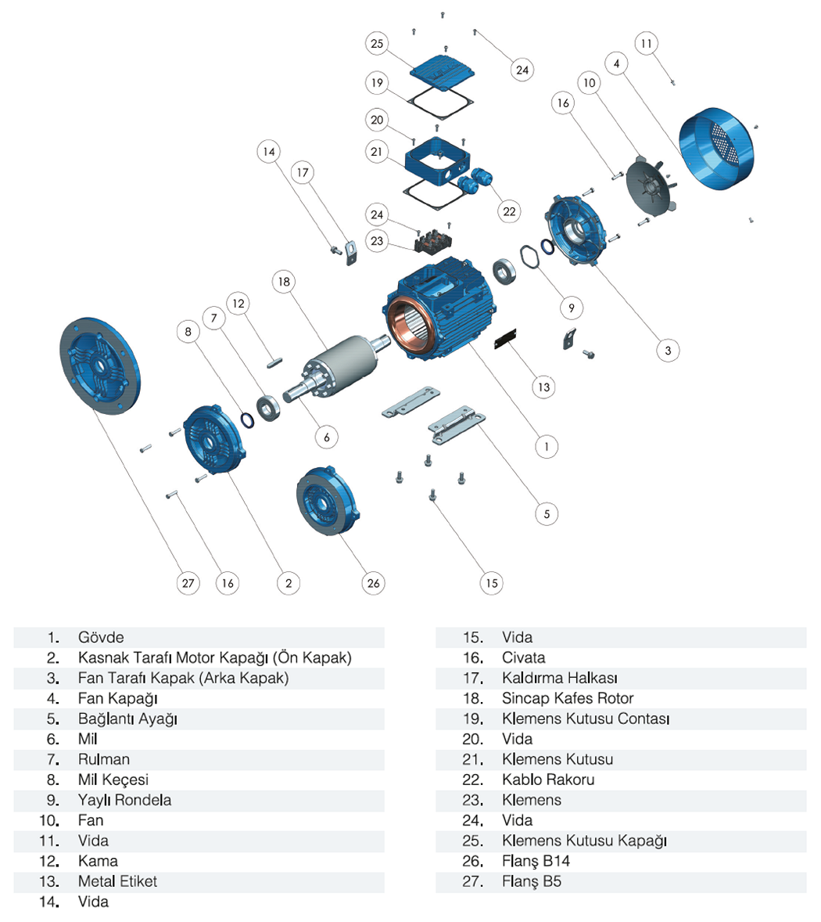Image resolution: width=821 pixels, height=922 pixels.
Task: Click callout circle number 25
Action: click(377, 44)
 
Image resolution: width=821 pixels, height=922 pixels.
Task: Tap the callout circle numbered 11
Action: click(646, 43)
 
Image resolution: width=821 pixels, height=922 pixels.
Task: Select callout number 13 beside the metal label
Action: click(543, 386)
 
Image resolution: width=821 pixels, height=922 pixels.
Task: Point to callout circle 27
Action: click(188, 583)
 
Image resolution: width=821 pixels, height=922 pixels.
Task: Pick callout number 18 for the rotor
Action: click(283, 282)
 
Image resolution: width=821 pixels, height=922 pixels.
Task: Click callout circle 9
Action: click(572, 308)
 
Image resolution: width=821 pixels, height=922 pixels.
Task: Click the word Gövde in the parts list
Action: click(101, 637)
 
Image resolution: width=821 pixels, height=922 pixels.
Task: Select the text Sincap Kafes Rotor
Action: click(568, 698)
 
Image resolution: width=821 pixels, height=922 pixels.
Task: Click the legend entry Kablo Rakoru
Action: click(548, 780)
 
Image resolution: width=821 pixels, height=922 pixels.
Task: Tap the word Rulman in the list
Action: click(104, 759)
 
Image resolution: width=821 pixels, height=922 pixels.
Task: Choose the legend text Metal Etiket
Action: click(117, 881)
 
